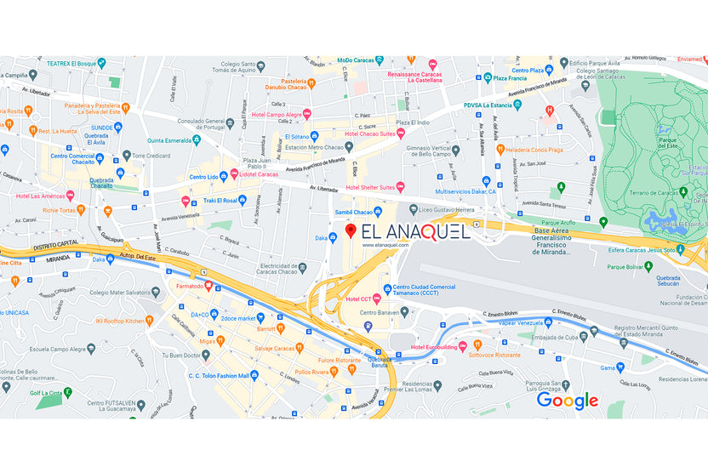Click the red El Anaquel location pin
tap(350, 231)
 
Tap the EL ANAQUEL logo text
tap(415, 232)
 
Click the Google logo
tap(567, 401)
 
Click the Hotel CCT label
tap(357, 299)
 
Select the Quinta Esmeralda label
tap(168, 140)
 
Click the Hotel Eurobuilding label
tap(438, 347)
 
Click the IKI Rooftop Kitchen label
tap(125, 321)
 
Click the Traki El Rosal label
tap(219, 201)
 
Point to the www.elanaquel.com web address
tap(385, 245)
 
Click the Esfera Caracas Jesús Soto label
tap(648, 249)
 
